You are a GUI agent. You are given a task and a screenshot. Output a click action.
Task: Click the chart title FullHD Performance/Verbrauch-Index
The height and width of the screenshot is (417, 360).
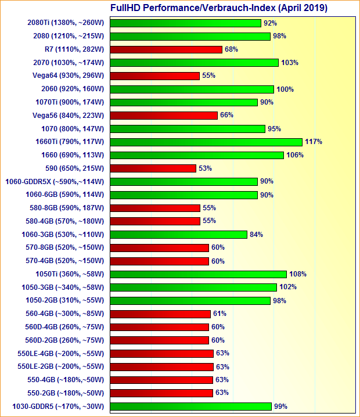click(x=218, y=8)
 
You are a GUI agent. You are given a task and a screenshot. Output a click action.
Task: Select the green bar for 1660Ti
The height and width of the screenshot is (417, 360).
click(x=206, y=142)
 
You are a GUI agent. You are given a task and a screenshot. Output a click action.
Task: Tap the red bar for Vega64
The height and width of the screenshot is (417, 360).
click(x=155, y=76)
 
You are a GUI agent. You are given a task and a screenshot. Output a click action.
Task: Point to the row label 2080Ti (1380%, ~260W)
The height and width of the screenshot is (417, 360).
click(x=65, y=23)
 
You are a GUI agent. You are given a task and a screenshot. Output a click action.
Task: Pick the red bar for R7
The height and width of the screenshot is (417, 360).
click(x=166, y=49)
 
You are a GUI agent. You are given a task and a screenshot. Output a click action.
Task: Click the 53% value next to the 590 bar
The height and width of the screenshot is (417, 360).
click(x=205, y=168)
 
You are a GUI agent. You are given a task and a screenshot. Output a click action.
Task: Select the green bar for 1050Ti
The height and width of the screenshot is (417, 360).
click(x=198, y=274)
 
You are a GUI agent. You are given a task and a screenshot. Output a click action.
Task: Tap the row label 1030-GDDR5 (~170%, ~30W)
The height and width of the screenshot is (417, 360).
click(x=57, y=407)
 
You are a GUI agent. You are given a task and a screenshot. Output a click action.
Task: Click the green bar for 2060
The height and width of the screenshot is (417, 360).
click(x=192, y=89)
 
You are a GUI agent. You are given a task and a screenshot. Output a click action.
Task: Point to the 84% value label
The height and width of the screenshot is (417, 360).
click(x=256, y=235)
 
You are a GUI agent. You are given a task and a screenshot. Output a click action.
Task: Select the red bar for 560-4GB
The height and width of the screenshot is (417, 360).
click(x=160, y=314)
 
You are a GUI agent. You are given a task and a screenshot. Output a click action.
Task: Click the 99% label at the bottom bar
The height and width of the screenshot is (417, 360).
click(x=280, y=407)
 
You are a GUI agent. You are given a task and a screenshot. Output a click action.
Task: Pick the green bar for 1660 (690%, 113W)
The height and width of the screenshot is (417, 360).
click(x=197, y=155)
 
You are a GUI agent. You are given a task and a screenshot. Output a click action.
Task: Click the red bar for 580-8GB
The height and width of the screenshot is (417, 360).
click(x=155, y=208)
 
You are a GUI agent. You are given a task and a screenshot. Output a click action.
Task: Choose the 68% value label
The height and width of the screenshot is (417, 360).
click(x=231, y=49)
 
